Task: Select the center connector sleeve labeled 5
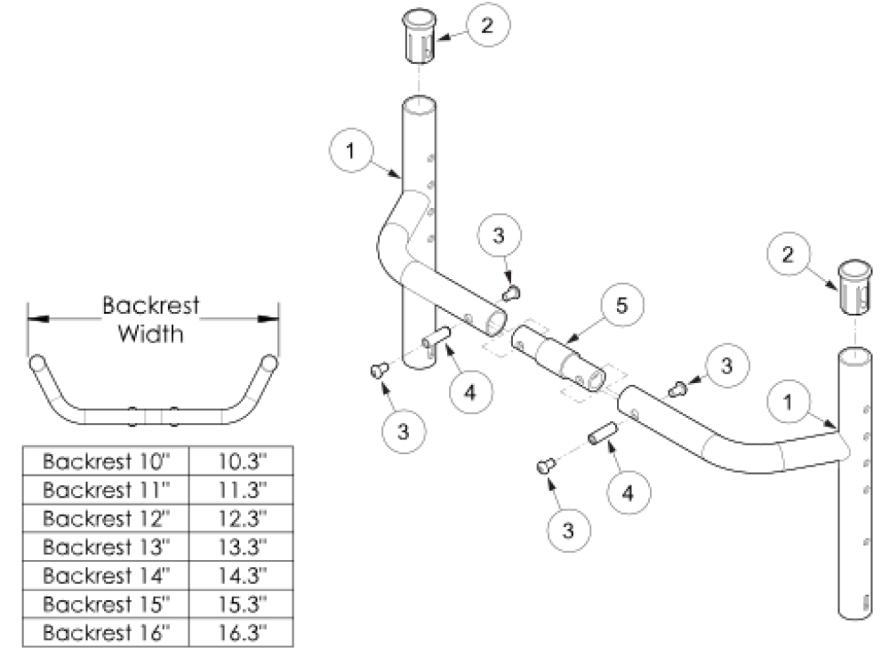(x=558, y=359)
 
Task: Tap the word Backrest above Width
(x=150, y=307)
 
